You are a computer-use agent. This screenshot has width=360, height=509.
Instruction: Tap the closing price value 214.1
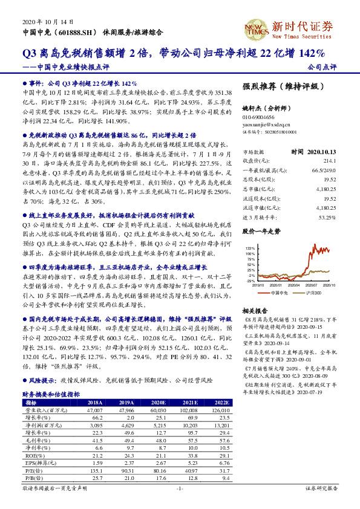pyautogui.click(x=329, y=161)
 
